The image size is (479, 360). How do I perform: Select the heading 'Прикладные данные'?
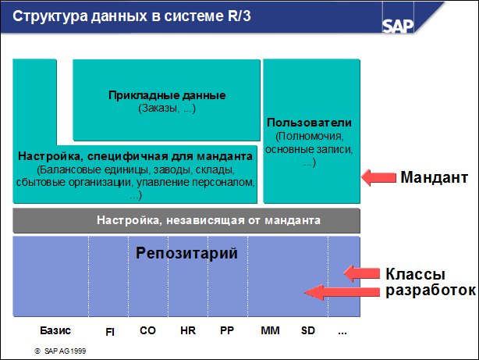167,95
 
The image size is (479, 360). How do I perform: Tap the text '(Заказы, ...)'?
167,108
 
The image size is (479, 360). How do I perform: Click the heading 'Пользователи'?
310,123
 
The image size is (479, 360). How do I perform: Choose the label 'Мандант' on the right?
435,178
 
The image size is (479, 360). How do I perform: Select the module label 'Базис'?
55,330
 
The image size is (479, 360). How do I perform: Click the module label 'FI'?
110,331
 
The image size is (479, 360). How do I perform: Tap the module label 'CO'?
147,330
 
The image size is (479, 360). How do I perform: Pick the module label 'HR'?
187,330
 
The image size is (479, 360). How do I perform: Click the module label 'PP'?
227,330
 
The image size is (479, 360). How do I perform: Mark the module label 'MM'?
269,330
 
